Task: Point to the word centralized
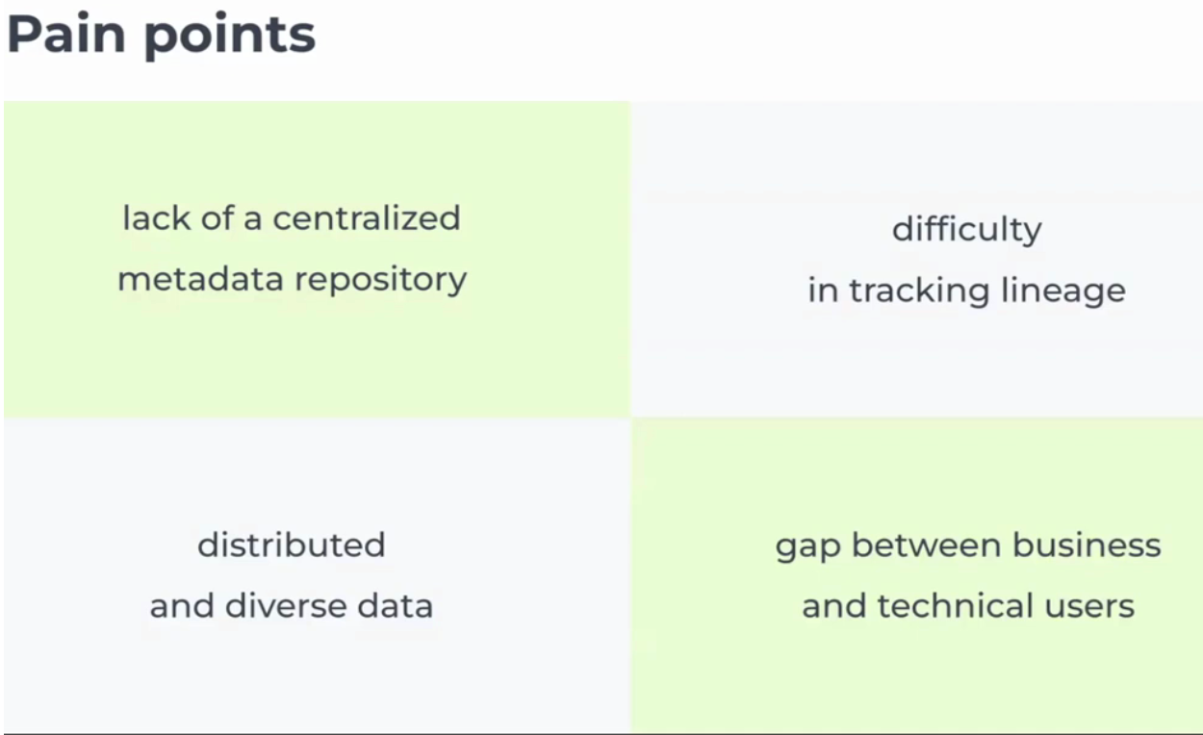point(367,218)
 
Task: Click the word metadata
point(200,280)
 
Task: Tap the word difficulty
point(966,231)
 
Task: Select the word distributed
point(292,545)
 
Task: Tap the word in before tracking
point(823,291)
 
